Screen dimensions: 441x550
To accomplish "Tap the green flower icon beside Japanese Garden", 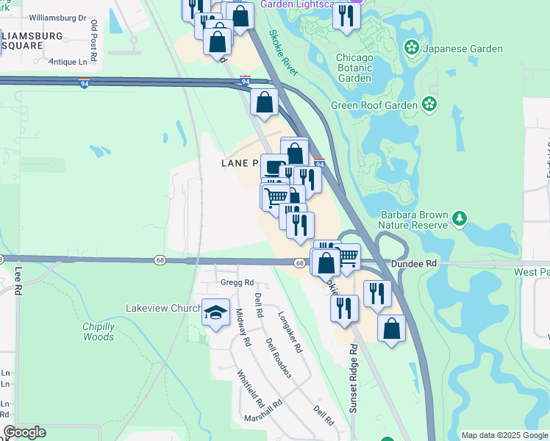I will tap(411, 49).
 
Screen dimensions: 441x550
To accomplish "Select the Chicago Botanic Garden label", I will tap(354, 68).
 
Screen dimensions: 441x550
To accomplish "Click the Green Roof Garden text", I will tap(374, 105).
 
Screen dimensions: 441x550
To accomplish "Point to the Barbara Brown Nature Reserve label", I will tap(413, 220).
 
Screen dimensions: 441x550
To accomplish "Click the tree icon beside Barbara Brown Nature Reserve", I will tap(460, 218).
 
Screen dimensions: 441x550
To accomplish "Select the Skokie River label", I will tap(283, 52).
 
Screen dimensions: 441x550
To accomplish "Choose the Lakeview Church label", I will tap(163, 309).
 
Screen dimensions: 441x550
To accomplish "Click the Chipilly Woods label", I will tap(98, 331).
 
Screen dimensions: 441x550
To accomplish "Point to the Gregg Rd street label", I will tap(237, 282).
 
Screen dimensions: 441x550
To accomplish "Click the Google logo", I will tap(24, 432).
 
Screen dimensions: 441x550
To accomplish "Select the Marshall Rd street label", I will tap(265, 416).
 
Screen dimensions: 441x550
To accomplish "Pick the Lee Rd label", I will tap(18, 280).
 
